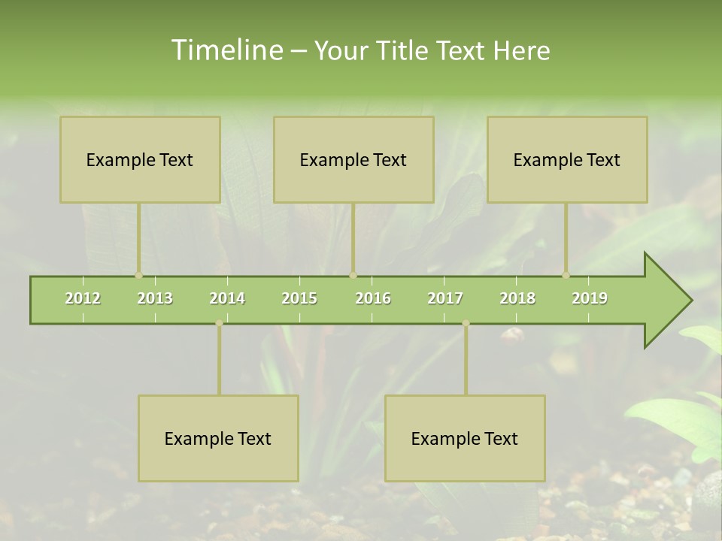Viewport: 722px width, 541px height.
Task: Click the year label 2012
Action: tap(83, 298)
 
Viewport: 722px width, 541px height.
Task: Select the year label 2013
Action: tap(155, 298)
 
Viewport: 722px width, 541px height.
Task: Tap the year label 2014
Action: tap(227, 298)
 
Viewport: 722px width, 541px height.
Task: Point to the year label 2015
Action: tap(299, 298)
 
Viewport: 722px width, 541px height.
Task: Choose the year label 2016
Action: tap(373, 298)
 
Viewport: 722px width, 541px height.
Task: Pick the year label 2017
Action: tap(445, 298)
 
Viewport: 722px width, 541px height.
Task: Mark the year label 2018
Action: tap(517, 298)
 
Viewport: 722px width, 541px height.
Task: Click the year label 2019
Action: tap(590, 298)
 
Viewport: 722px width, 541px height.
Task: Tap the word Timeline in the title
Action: tap(226, 50)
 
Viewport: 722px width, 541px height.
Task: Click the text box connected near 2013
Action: tap(140, 159)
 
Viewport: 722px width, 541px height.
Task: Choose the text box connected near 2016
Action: tap(353, 159)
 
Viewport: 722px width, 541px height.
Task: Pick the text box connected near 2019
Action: tap(567, 159)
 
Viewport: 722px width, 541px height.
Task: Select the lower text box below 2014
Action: tap(218, 438)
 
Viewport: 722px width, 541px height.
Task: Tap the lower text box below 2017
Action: tap(465, 438)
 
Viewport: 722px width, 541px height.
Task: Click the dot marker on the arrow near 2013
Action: tap(138, 276)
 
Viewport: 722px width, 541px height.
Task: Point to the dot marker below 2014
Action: tap(219, 323)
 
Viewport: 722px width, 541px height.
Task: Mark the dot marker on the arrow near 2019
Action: tap(566, 276)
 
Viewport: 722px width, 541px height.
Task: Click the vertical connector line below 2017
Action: tap(466, 361)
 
